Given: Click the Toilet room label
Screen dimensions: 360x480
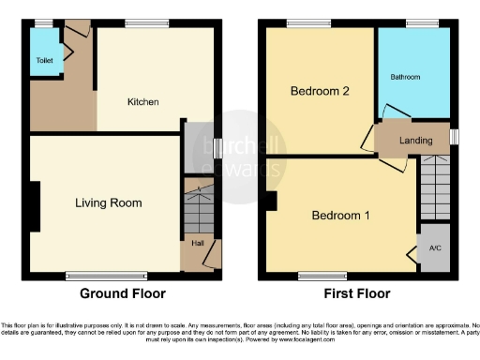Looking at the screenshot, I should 44,59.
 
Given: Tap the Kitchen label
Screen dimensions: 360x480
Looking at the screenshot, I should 142,101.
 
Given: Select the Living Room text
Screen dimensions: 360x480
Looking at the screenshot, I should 109,202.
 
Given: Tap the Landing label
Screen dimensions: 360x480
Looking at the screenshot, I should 415,141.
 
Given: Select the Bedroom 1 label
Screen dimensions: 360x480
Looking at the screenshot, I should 341,216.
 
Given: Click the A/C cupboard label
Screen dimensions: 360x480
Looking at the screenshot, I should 434,248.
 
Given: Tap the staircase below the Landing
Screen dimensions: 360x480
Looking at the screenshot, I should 434,187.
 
